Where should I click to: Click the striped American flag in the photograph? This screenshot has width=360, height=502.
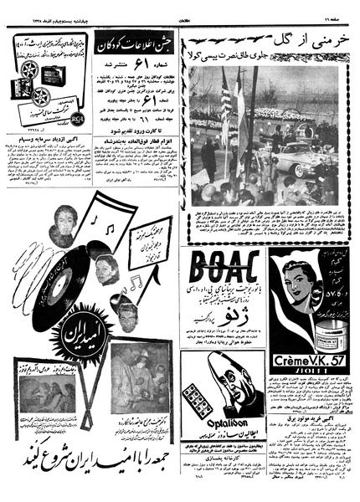pos(224,100)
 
